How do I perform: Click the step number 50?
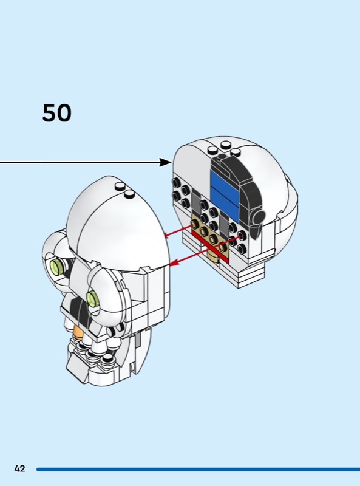click(x=56, y=113)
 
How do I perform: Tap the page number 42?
click(x=19, y=468)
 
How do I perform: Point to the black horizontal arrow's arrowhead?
click(x=166, y=162)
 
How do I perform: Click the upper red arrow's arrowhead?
click(x=168, y=236)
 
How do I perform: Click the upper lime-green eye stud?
click(x=57, y=266)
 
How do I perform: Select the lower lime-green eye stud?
click(x=93, y=299)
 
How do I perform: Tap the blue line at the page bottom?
click(x=198, y=469)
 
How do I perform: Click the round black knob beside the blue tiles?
click(x=258, y=216)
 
